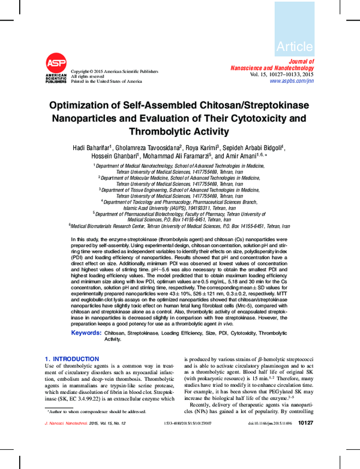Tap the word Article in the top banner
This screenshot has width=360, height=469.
click(x=295, y=46)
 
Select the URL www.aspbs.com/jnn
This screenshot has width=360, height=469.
click(x=292, y=80)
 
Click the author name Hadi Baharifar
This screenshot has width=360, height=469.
click(x=91, y=148)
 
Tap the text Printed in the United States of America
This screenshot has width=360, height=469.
click(x=106, y=81)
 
